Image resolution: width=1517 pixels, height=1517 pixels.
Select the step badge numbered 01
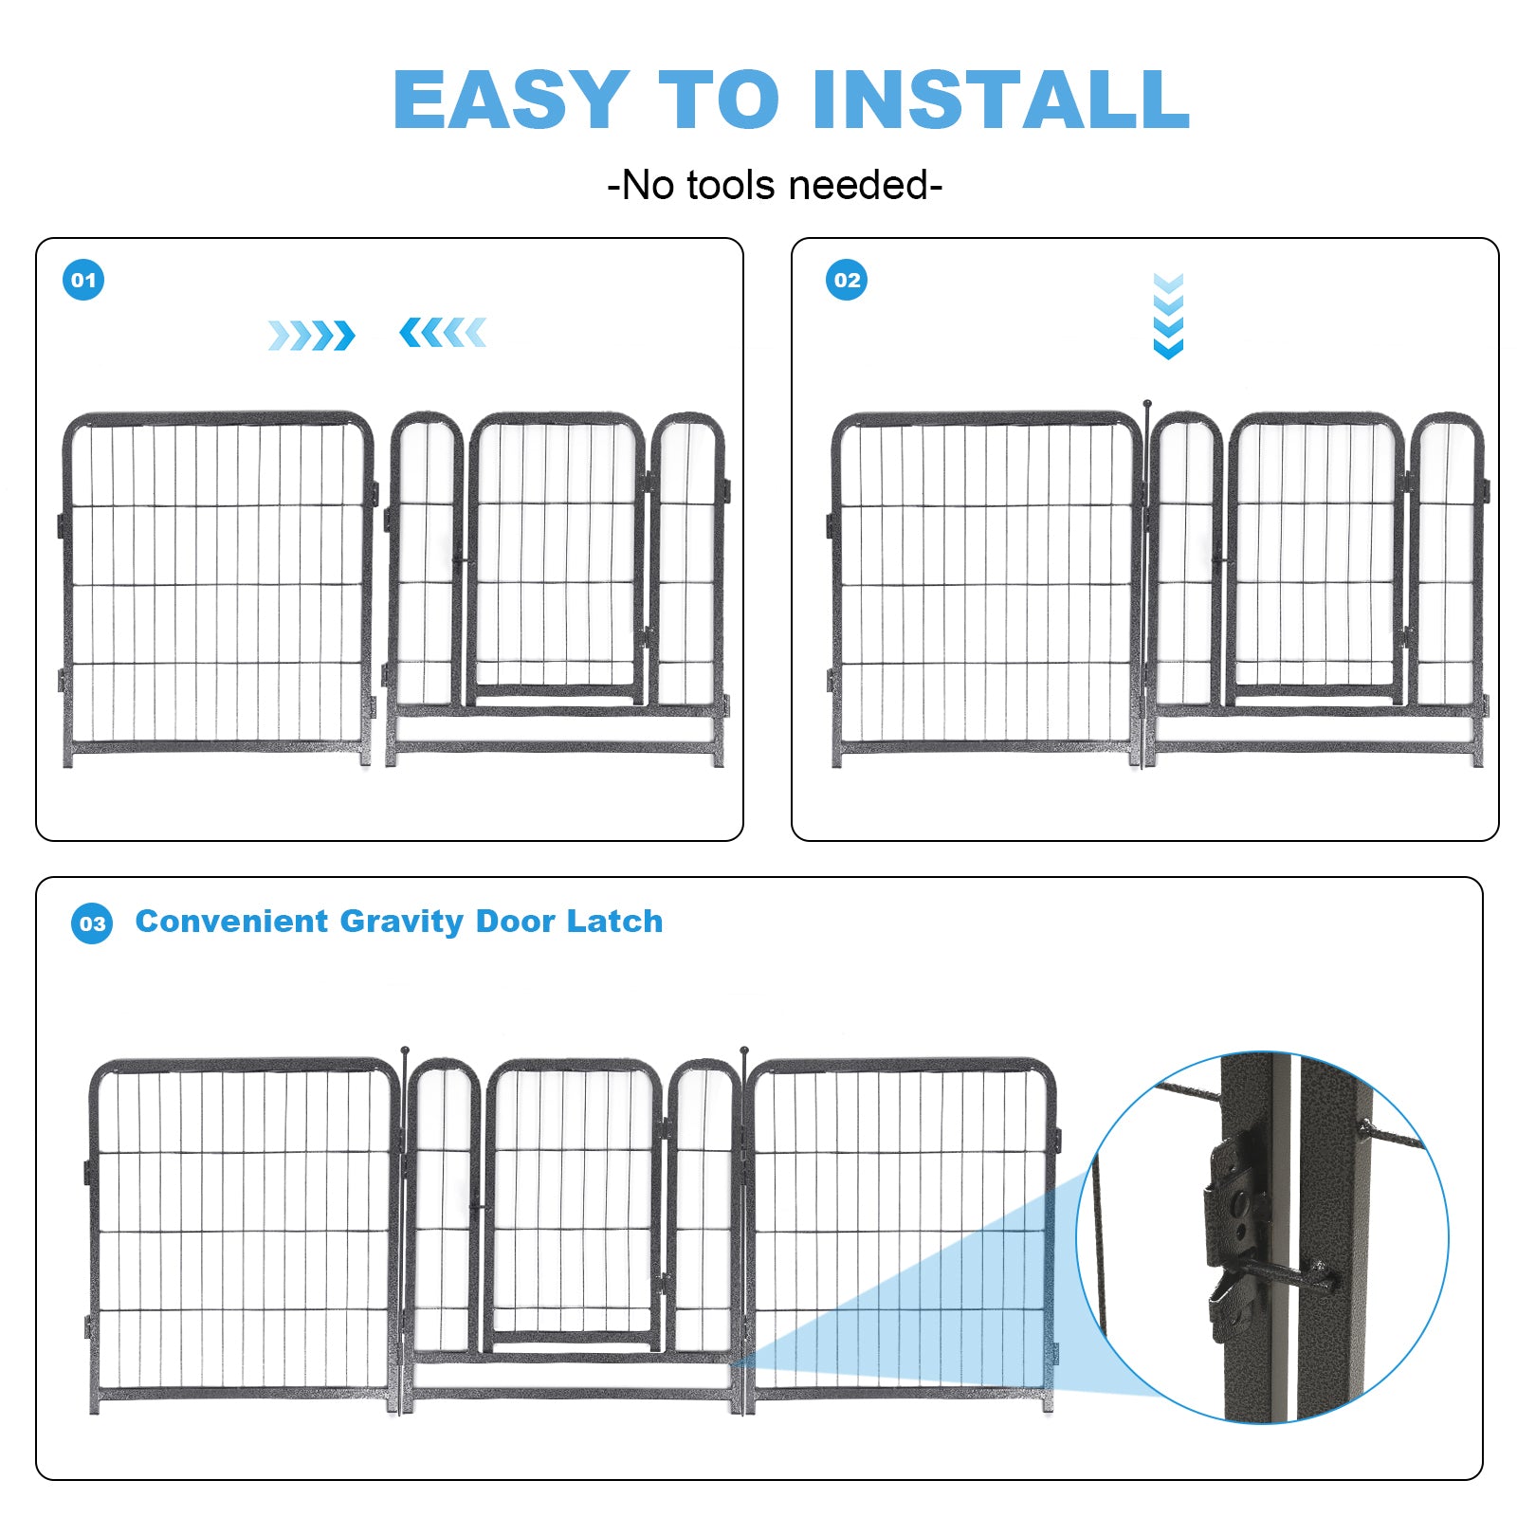[x=83, y=280]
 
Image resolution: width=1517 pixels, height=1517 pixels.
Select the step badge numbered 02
[x=847, y=280]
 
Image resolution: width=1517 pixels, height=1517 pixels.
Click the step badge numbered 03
[x=92, y=923]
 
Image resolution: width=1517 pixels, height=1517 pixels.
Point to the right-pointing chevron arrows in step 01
[x=311, y=335]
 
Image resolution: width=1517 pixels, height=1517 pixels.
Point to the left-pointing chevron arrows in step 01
[x=443, y=333]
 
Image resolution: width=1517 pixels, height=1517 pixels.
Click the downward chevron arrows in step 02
[x=1168, y=316]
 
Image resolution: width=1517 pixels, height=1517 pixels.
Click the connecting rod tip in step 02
[x=1146, y=405]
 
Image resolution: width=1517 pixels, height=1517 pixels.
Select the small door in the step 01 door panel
[x=557, y=559]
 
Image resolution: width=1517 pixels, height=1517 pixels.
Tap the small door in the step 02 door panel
[x=1315, y=559]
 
